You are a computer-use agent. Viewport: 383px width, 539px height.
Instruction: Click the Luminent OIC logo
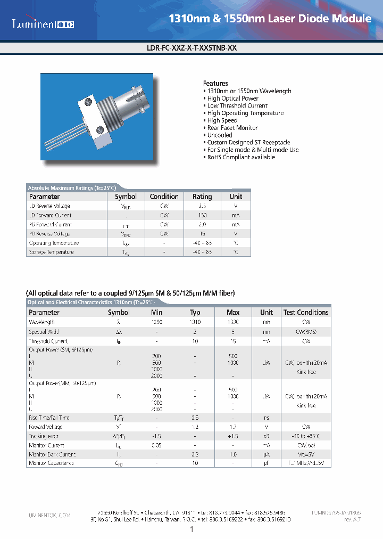(x=44, y=24)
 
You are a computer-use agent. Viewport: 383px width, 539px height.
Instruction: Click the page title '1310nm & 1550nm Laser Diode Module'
(x=270, y=19)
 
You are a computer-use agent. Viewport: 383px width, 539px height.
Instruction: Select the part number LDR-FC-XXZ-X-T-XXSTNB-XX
(x=191, y=47)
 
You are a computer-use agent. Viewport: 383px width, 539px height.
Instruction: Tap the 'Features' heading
(x=215, y=84)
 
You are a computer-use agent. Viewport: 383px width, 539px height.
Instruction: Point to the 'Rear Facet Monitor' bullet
(x=232, y=128)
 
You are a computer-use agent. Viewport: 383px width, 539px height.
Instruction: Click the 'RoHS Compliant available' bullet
(x=241, y=157)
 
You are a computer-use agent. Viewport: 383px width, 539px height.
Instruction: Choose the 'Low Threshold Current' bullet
(x=237, y=105)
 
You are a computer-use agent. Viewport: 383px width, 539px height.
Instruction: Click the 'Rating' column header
(x=202, y=197)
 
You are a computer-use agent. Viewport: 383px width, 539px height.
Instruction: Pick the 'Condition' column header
(x=164, y=197)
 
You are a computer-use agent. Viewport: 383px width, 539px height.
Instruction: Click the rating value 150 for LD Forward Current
(x=202, y=215)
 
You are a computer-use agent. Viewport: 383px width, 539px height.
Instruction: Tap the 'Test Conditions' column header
(x=306, y=313)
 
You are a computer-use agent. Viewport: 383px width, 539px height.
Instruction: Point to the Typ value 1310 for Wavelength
(x=195, y=322)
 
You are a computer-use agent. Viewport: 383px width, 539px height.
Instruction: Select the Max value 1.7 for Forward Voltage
(x=233, y=427)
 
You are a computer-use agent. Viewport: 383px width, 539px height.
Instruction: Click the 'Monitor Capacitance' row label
(x=51, y=463)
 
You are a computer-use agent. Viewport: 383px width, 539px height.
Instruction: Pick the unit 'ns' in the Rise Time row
(x=267, y=418)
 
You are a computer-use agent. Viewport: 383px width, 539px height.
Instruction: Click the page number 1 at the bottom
(x=191, y=529)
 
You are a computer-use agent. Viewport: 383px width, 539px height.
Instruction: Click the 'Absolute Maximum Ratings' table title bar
(x=71, y=187)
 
